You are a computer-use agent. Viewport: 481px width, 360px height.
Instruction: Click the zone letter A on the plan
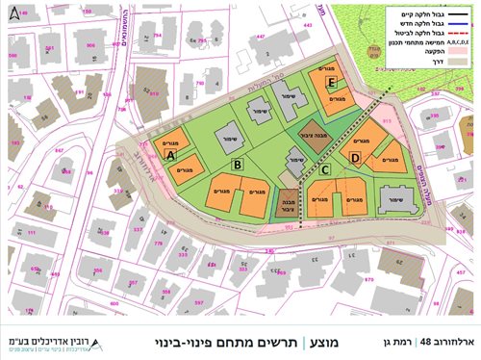[170, 153]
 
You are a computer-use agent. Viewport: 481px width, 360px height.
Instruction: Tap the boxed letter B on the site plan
[236, 165]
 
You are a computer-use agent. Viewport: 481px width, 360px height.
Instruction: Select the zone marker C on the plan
[325, 171]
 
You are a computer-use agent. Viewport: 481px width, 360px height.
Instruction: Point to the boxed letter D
[355, 158]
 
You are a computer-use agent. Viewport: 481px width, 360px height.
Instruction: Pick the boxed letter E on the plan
[331, 84]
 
